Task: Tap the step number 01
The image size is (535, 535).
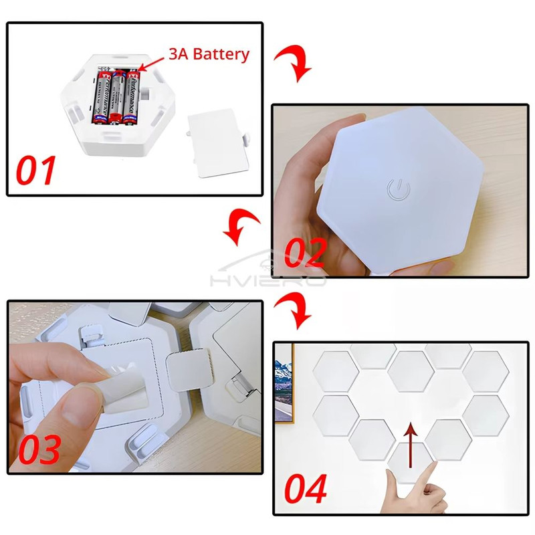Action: (x=36, y=171)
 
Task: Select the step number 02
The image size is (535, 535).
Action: (x=305, y=253)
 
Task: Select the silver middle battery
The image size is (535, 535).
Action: (x=118, y=97)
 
